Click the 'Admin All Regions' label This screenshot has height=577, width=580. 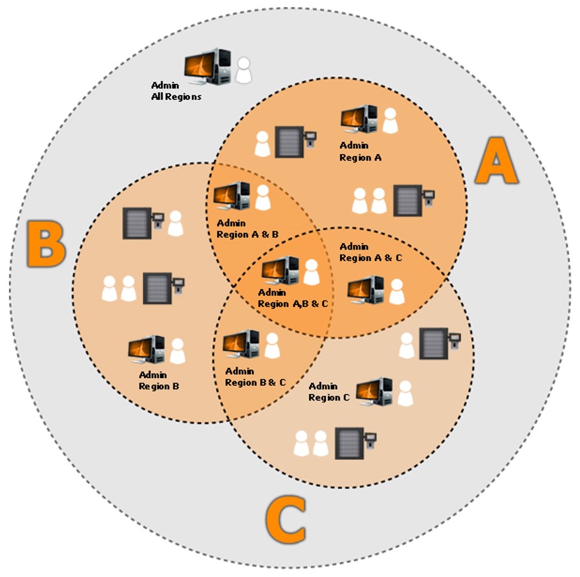pos(176,91)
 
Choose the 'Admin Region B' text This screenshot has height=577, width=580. pos(158,381)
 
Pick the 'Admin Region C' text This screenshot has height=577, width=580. pos(329,391)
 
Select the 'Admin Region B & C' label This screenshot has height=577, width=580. pos(255,377)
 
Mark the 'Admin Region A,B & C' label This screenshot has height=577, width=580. pos(293,298)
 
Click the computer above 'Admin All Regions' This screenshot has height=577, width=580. pos(207,67)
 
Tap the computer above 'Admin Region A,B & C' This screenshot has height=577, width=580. pos(280,270)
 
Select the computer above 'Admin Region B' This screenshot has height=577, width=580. pos(147,350)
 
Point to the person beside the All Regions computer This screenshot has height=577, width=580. pos(243,70)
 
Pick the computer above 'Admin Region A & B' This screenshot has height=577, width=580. pos(231,196)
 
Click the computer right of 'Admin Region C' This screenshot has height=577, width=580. pos(374,391)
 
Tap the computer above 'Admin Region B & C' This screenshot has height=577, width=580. pos(241,344)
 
